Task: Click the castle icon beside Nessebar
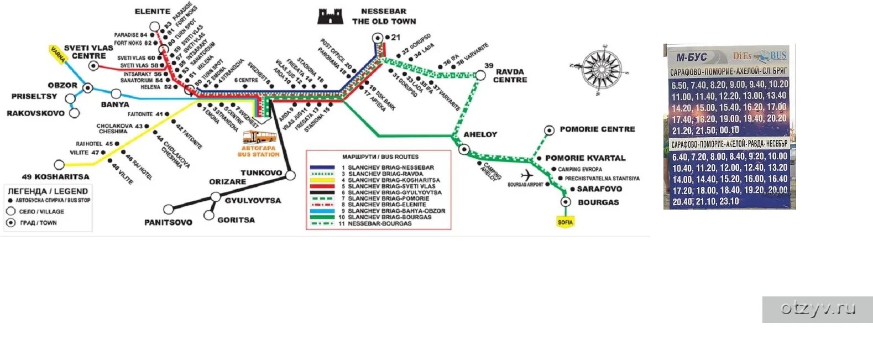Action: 330,16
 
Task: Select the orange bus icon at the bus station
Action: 259,137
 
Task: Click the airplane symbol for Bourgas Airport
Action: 527,175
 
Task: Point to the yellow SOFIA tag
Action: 566,222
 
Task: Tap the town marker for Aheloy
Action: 463,149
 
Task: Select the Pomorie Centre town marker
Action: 549,130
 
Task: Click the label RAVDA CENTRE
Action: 510,76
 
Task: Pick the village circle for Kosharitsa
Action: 59,165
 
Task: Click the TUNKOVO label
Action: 262,173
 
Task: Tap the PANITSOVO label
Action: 168,222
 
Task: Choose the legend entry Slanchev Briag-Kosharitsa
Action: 394,180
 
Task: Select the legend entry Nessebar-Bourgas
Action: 379,223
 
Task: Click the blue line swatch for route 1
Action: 322,167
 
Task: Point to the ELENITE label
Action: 153,11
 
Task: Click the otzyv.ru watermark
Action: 818,309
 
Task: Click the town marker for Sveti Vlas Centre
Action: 94,66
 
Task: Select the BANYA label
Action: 115,105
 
